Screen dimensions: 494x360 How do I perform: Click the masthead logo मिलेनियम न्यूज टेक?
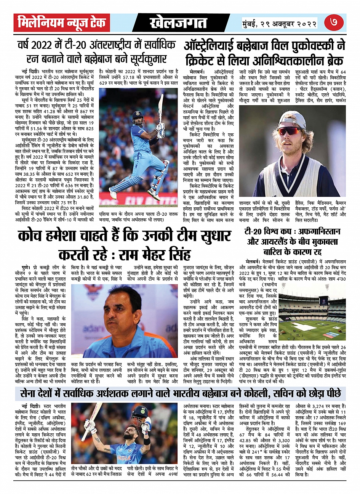tap(62, 23)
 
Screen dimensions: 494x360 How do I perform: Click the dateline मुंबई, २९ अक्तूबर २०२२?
tap(280, 24)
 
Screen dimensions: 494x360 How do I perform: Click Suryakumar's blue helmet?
tap(138, 116)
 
